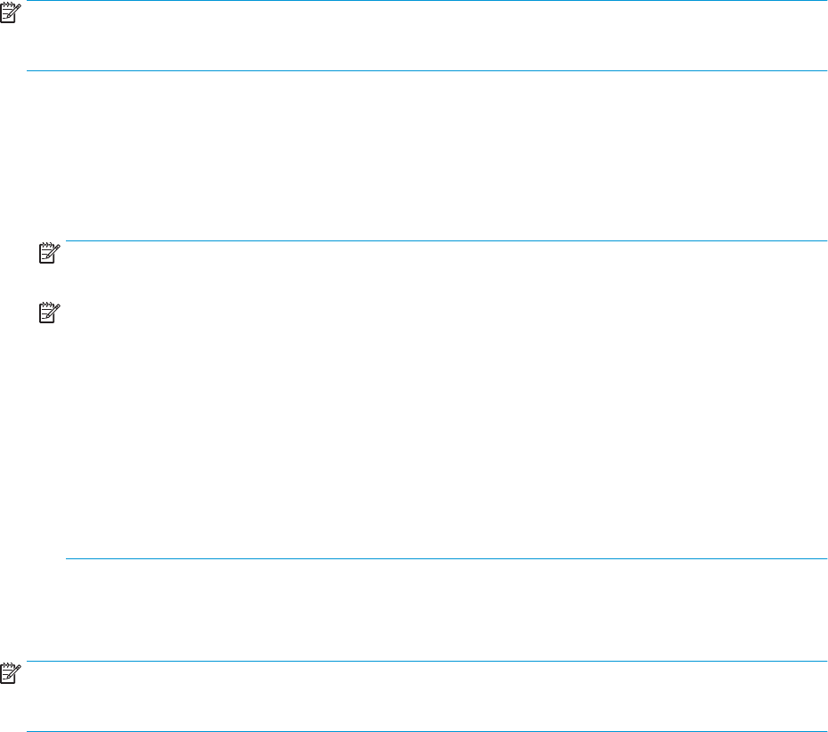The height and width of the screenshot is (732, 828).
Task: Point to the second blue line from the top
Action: [427, 70]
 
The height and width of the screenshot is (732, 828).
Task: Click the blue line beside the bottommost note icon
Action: [427, 662]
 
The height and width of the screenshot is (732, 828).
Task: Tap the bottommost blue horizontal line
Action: [427, 731]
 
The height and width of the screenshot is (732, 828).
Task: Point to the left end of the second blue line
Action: [28, 70]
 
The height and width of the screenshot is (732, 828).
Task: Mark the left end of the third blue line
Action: [67, 240]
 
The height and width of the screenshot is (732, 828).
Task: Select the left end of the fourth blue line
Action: [67, 559]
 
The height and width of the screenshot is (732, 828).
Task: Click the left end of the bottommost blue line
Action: [28, 731]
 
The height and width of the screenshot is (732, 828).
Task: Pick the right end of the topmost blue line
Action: [826, 1]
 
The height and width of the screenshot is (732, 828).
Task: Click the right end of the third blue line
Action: [826, 240]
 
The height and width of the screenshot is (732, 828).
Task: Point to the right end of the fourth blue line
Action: [826, 559]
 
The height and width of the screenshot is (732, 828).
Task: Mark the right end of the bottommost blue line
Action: [826, 731]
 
